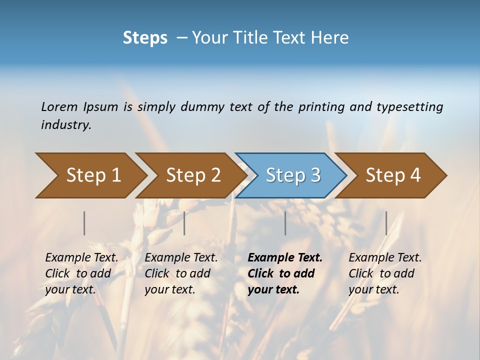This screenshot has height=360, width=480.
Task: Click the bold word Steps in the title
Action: pyautogui.click(x=145, y=38)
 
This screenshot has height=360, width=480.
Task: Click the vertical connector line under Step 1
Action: pyautogui.click(x=84, y=223)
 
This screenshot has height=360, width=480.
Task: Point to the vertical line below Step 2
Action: pyautogui.click(x=184, y=223)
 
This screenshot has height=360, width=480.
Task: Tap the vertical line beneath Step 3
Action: pyautogui.click(x=285, y=223)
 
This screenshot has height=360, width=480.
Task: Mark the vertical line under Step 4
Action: pyautogui.click(x=386, y=223)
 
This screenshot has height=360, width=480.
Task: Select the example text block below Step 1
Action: pyautogui.click(x=81, y=273)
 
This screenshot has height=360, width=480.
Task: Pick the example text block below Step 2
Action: pyautogui.click(x=180, y=273)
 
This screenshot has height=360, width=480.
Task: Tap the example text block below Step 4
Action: pyautogui.click(x=384, y=273)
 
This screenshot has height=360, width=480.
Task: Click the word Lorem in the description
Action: pyautogui.click(x=59, y=107)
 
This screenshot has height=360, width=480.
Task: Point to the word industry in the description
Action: pyautogui.click(x=65, y=125)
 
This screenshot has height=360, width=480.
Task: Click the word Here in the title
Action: pyautogui.click(x=331, y=38)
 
